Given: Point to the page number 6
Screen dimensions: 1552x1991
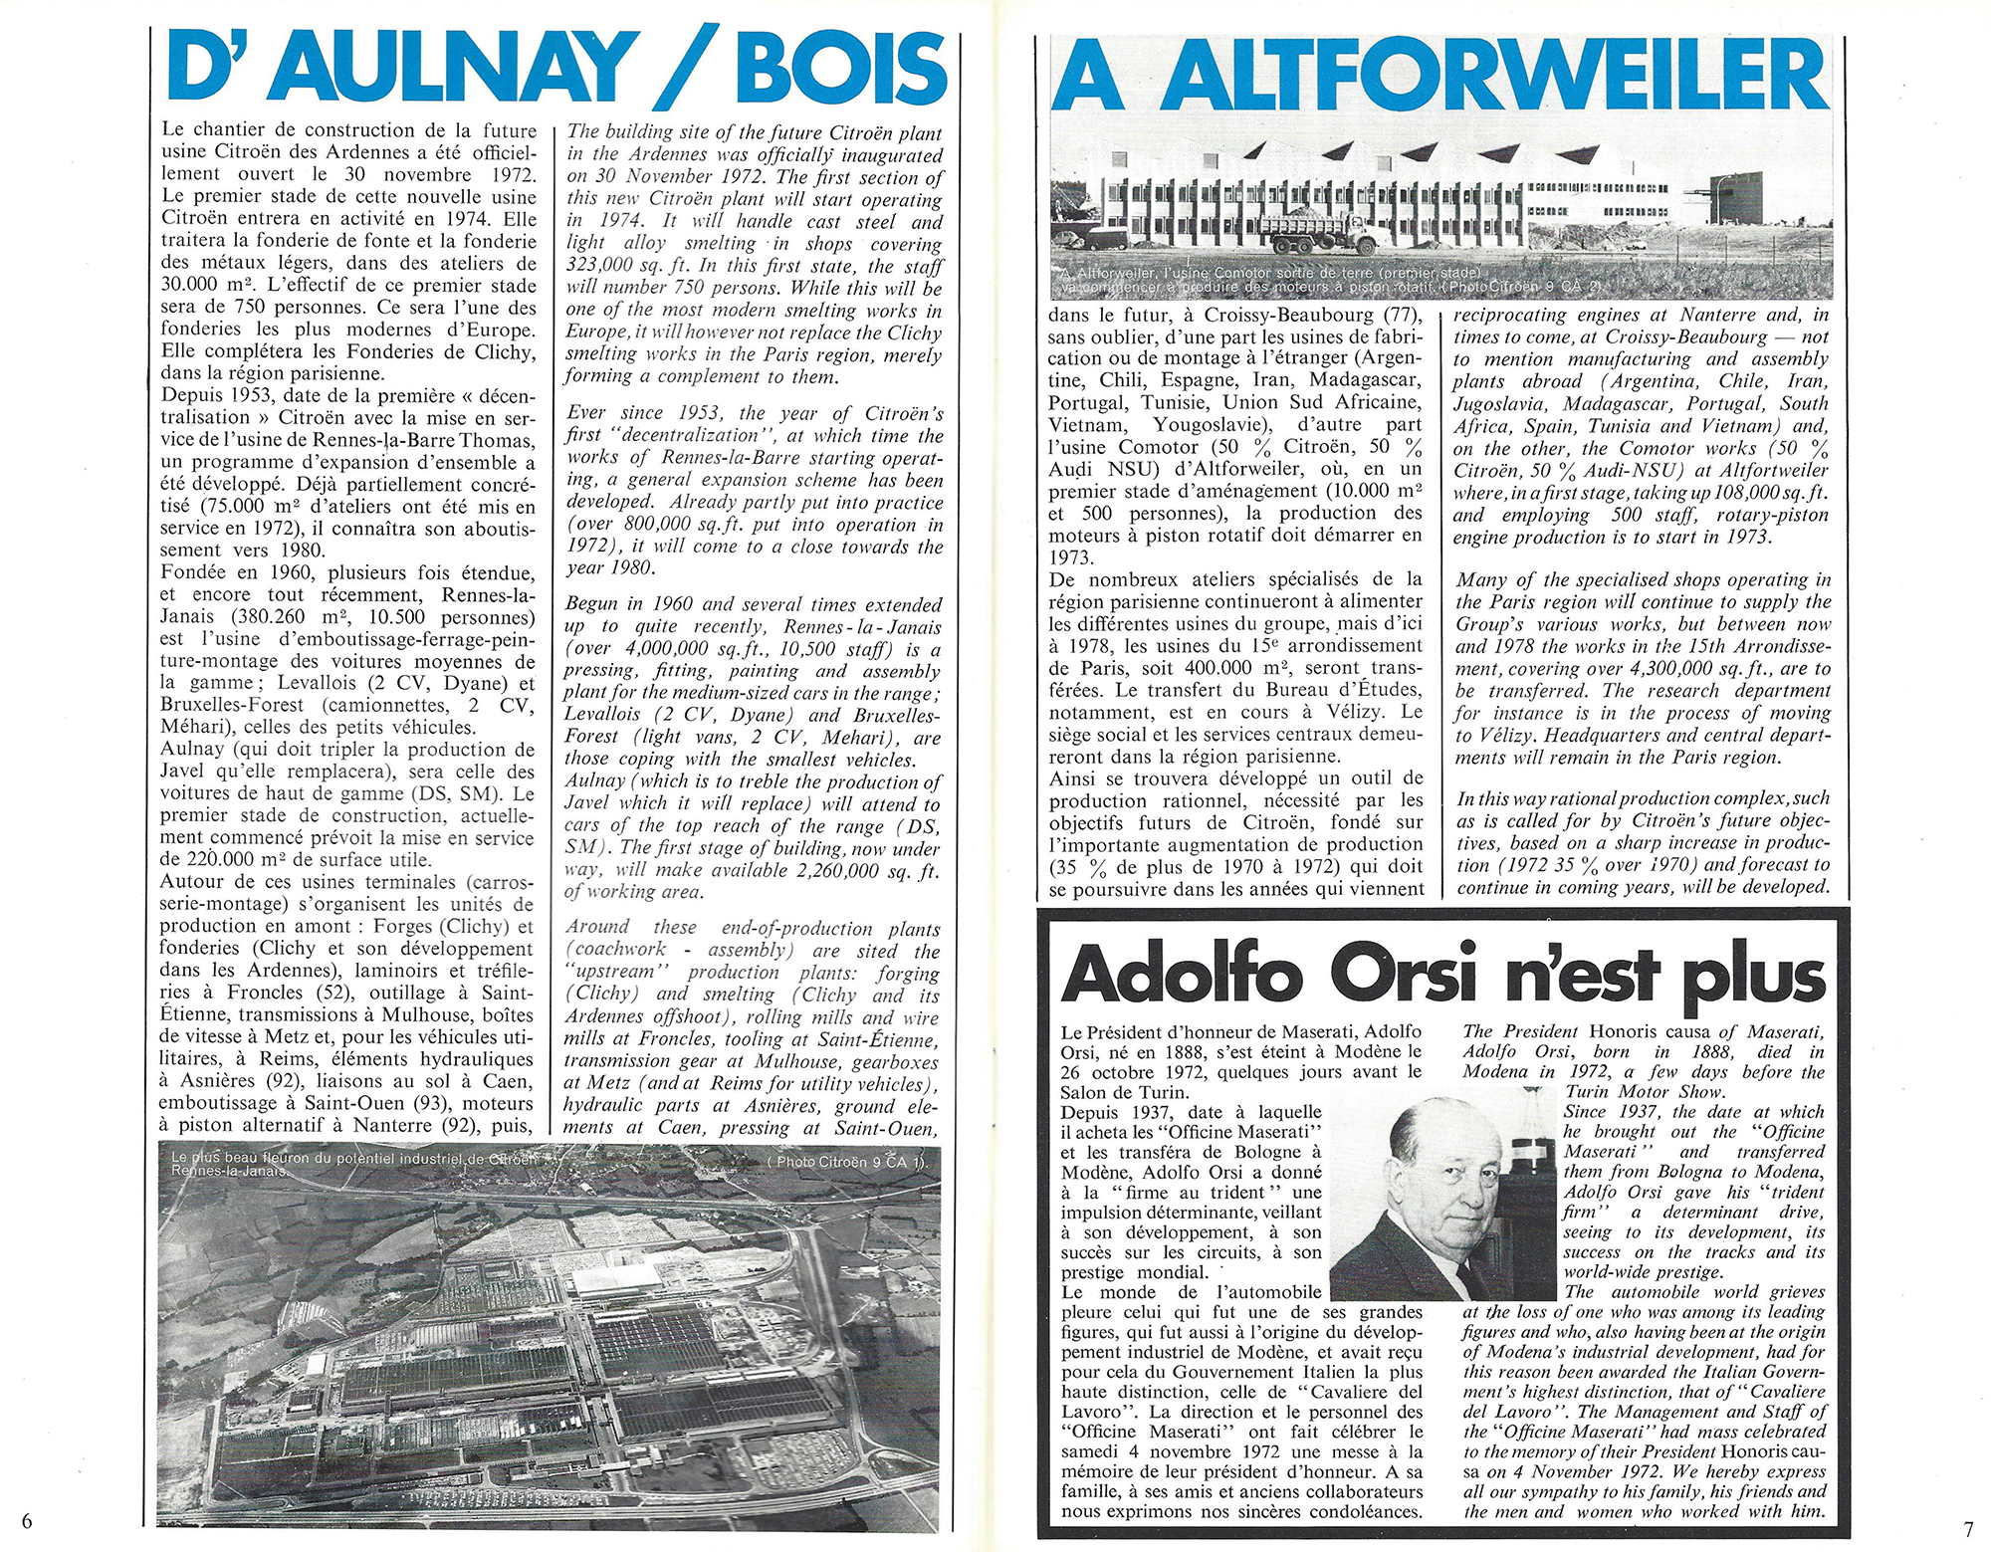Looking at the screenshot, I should click(27, 1520).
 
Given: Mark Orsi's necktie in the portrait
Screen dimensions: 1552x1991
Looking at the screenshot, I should click(1463, 1278).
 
